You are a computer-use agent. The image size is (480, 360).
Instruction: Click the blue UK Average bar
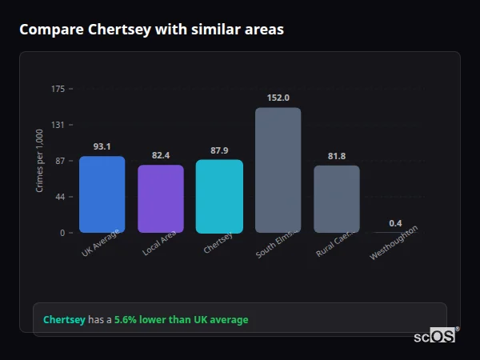tap(102, 194)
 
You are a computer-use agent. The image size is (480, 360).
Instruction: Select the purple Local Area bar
tap(161, 199)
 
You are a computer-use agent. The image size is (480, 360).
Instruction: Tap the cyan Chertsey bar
tap(219, 196)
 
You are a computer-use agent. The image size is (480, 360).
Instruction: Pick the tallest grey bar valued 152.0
tap(278, 170)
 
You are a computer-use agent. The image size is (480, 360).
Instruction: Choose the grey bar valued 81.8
tap(337, 199)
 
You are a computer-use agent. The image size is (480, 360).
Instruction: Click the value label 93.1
tap(102, 146)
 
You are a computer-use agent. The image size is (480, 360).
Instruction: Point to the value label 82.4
tap(161, 155)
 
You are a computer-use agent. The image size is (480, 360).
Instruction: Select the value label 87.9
tap(219, 150)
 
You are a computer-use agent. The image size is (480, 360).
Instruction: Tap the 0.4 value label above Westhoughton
tap(395, 223)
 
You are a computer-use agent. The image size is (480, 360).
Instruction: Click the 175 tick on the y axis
tap(58, 89)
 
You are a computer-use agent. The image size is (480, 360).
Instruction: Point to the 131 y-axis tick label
tap(58, 125)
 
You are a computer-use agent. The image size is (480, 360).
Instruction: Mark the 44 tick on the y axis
tap(60, 197)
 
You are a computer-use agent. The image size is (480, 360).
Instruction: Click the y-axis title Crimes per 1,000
tap(40, 160)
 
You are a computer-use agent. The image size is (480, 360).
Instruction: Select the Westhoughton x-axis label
tap(393, 243)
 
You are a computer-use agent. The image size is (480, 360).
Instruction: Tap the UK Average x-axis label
tap(101, 242)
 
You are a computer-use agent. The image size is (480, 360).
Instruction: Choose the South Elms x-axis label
tap(277, 243)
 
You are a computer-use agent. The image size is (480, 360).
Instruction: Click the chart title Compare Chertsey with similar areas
tap(151, 30)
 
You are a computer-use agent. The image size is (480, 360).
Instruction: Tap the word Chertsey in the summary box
tap(64, 319)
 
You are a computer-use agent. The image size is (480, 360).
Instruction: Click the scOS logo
tap(434, 337)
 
